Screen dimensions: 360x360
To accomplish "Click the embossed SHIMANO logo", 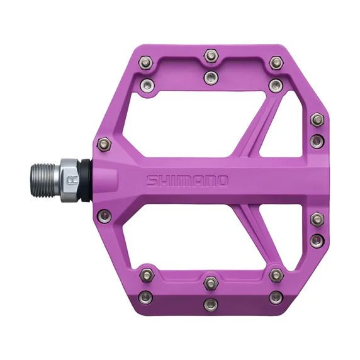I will [x=188, y=181].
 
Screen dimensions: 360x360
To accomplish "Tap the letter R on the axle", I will [x=72, y=179].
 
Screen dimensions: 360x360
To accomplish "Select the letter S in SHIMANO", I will [x=152, y=181].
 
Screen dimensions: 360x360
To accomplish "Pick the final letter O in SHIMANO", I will [x=222, y=181].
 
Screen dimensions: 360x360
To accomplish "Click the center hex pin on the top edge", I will [x=211, y=57].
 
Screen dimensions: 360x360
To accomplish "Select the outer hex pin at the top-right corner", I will [x=276, y=62].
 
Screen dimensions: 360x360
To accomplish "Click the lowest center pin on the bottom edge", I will [x=211, y=305].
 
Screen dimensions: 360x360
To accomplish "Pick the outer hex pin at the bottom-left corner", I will [x=147, y=275].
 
